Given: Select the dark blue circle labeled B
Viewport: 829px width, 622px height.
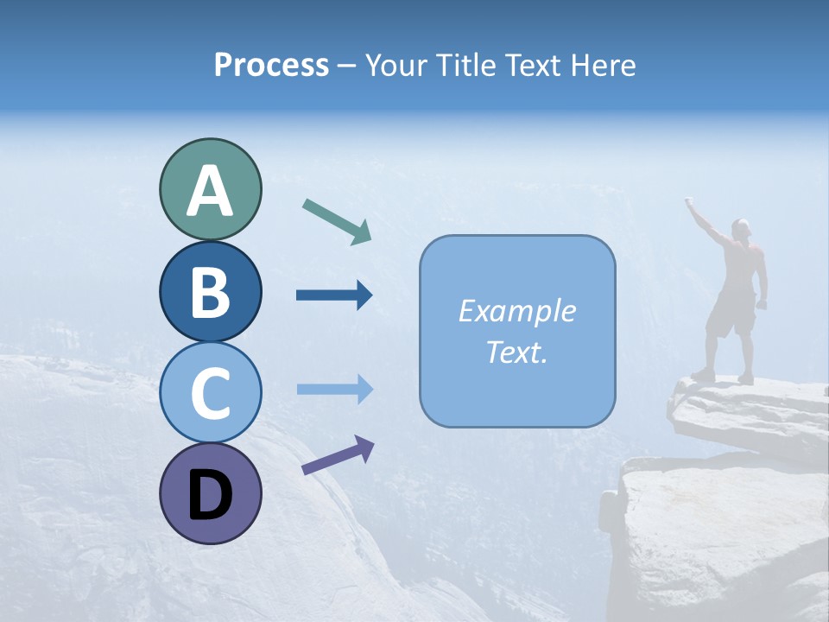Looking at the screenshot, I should pos(210,291).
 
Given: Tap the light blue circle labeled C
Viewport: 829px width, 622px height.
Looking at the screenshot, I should pos(210,392).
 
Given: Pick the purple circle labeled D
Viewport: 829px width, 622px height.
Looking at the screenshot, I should pos(210,493).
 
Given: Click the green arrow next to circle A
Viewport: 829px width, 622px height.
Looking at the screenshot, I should pos(337,220).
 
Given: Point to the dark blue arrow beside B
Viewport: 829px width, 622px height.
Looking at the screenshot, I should pos(334,295).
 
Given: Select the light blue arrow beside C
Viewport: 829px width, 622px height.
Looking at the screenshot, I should pos(334,389).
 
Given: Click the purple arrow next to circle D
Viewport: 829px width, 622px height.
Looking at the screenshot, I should pos(338,455).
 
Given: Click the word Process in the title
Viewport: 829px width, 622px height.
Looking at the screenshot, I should pos(271,65).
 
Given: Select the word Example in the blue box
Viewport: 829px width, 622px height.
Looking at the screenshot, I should pos(516,311).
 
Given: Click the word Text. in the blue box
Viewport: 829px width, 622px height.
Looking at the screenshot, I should pos(516,352).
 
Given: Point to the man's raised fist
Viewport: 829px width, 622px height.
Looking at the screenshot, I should pos(690,202).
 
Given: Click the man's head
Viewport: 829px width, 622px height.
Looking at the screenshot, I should pos(741,228).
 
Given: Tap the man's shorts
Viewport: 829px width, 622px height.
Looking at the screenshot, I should pos(731,316).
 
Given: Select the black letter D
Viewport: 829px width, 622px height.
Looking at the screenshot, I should pos(210,495).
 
